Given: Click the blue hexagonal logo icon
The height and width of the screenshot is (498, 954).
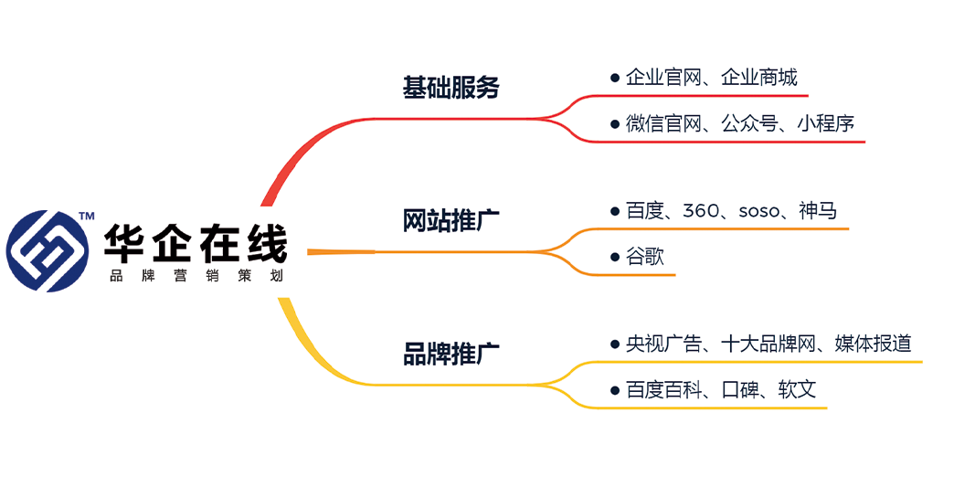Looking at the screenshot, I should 48,250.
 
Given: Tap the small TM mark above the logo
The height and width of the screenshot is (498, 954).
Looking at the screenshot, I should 87,217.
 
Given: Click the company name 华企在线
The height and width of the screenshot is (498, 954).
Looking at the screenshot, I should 194,244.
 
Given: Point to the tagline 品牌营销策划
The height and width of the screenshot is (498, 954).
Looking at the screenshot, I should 194,276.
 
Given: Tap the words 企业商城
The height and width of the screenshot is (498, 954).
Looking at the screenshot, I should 758,77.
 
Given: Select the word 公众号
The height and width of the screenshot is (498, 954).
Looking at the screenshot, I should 749,123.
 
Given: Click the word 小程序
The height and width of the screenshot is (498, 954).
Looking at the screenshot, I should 825,123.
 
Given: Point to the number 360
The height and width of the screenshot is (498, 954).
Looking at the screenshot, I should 701,211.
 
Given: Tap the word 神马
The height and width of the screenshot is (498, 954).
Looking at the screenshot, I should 817,211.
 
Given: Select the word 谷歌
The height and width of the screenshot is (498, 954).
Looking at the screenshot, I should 644,257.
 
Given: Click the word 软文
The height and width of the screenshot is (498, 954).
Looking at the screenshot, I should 796,390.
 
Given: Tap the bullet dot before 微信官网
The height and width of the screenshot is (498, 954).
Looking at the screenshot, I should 615,123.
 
